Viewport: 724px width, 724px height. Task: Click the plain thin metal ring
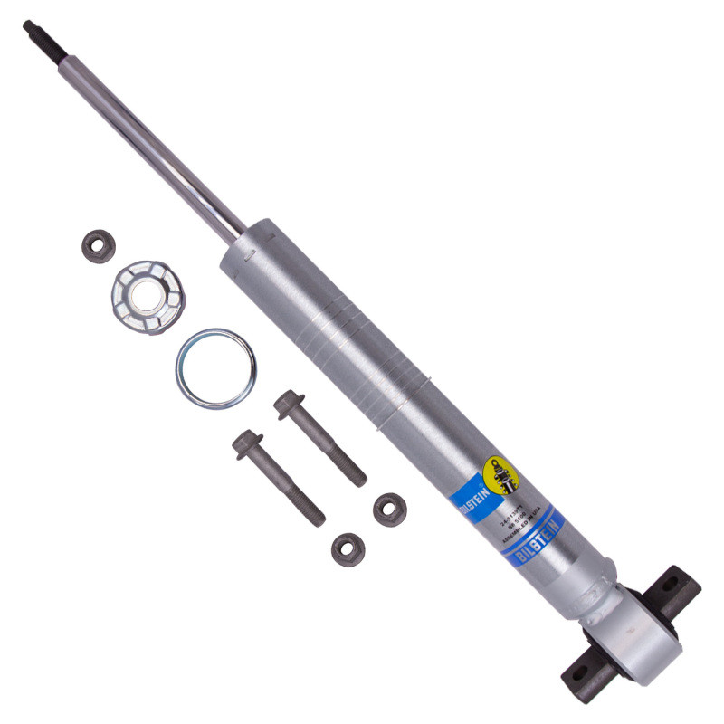pyautogui.click(x=215, y=368)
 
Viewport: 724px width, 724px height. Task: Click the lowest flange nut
pyautogui.click(x=347, y=547)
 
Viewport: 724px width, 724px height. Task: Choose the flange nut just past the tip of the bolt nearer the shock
pyautogui.click(x=390, y=508)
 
